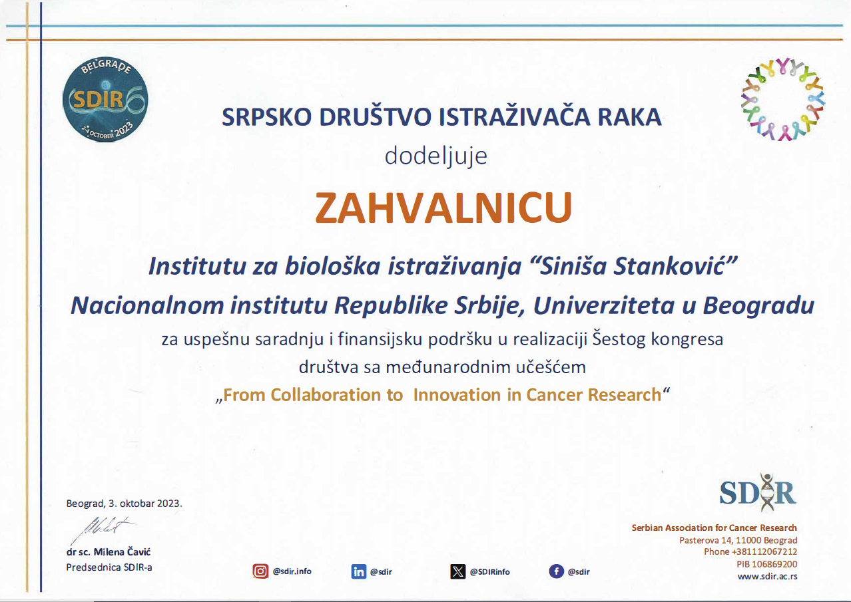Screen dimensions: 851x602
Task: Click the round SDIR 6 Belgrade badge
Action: (105, 100)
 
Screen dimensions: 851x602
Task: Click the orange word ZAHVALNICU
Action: (443, 208)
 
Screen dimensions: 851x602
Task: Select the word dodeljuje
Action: (435, 156)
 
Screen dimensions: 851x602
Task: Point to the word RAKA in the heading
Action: (629, 117)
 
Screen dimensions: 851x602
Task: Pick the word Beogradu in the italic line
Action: (758, 305)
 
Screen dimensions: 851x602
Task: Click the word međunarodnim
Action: (448, 367)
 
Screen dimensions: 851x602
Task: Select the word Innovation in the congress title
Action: (457, 394)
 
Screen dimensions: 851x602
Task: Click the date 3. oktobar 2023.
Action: (145, 504)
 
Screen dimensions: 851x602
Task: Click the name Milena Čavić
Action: (122, 551)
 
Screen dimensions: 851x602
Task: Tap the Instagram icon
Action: (260, 571)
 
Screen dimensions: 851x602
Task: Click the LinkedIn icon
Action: (359, 571)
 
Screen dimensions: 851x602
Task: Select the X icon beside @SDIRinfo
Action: (457, 571)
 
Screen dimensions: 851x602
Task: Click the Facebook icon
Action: (556, 571)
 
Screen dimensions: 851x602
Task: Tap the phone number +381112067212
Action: (764, 551)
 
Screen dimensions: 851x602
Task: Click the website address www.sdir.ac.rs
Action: (767, 576)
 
